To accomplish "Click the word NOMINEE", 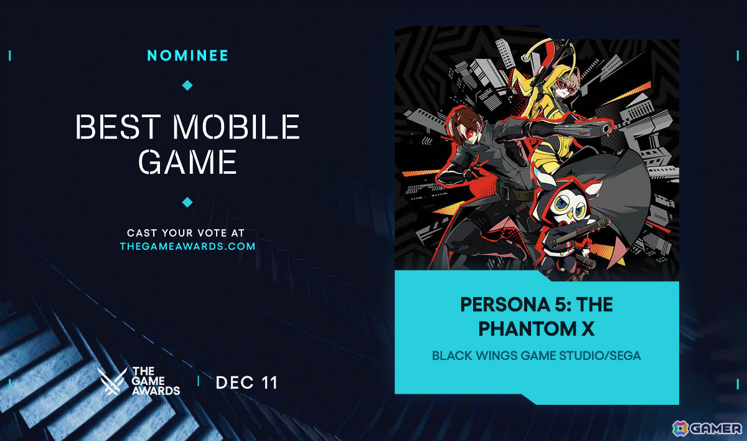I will (x=187, y=55).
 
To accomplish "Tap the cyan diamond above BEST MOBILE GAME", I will (x=187, y=85).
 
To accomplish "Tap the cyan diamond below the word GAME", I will (x=187, y=202).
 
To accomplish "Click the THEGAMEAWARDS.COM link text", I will (x=187, y=246).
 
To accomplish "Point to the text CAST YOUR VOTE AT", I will (x=187, y=232).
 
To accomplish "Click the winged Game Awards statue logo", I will (x=112, y=381).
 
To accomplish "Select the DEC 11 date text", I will (x=247, y=382).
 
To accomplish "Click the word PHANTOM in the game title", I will (x=528, y=329).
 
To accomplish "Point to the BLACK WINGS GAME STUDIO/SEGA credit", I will (x=537, y=356).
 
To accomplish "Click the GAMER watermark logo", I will (x=707, y=428).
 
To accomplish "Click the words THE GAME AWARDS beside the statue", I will (x=156, y=381).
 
